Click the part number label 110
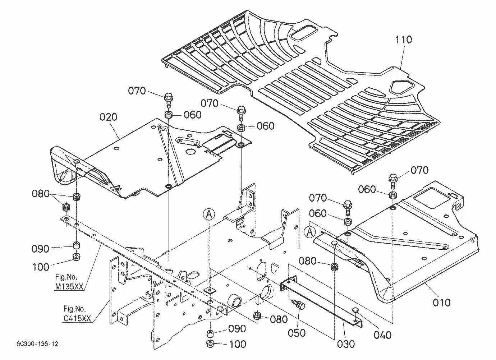(x=403, y=40)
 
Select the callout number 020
(x=108, y=117)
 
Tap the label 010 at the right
(x=441, y=303)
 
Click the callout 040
(x=383, y=335)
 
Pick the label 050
(x=297, y=333)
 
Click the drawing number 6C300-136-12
(x=37, y=344)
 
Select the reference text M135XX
(x=69, y=287)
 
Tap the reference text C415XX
(x=77, y=318)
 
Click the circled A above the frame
(x=209, y=214)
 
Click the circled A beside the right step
(x=309, y=232)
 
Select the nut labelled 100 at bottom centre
(x=210, y=344)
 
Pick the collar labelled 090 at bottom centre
(x=210, y=333)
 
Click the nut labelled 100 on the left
(x=77, y=257)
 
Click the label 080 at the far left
(x=41, y=194)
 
